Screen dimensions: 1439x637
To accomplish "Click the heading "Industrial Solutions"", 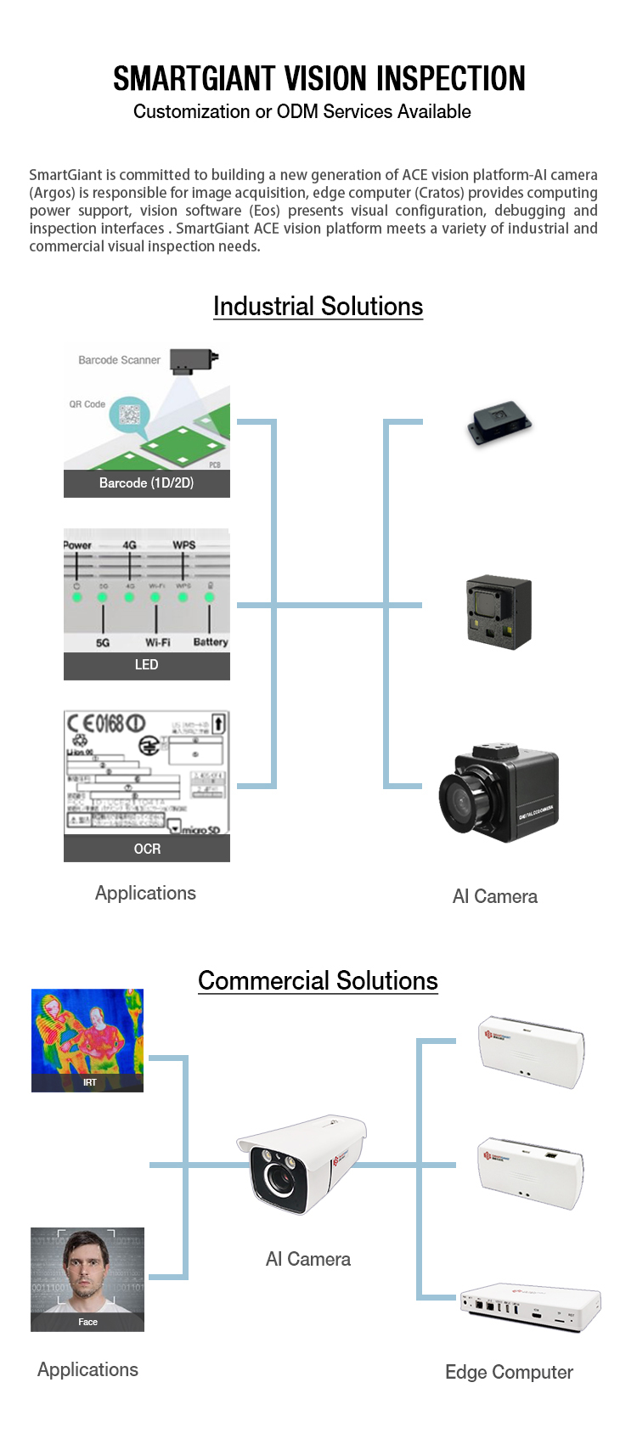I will tap(318, 307).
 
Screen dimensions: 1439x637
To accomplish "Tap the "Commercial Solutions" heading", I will tap(318, 981).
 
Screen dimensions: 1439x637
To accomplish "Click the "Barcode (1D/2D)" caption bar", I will tap(146, 483).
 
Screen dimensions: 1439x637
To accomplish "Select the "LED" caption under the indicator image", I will tap(146, 665).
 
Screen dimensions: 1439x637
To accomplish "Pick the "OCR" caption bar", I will tap(146, 849).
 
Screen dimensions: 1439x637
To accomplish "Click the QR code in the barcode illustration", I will tap(130, 415).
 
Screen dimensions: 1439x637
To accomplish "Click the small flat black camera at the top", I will tap(499, 424).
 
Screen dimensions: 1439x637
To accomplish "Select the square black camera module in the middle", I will tap(499, 612).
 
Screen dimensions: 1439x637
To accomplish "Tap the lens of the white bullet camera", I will tap(278, 1177).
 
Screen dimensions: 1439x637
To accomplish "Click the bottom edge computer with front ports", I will tap(530, 1306).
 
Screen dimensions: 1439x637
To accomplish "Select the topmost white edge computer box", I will tap(532, 1051).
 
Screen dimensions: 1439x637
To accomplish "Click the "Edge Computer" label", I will tap(509, 1373).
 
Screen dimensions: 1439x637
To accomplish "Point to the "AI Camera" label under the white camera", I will tap(307, 1260).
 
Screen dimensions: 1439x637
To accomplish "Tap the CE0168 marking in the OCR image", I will tap(105, 725).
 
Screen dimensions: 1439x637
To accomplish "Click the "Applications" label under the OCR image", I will tap(145, 894).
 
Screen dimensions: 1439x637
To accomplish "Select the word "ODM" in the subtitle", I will tap(297, 112).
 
